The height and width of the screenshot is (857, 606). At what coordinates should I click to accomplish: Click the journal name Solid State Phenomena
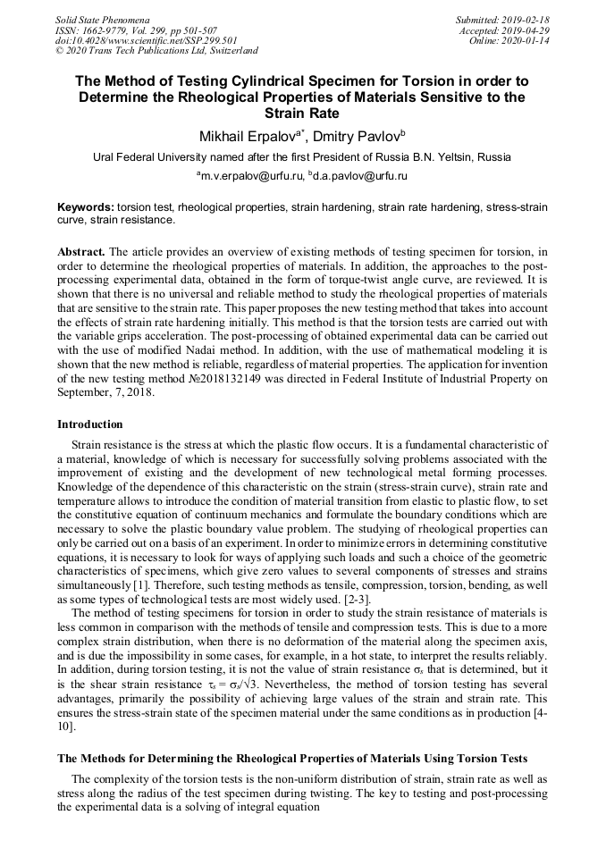[102, 20]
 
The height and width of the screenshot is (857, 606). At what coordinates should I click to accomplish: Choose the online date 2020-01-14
[527, 40]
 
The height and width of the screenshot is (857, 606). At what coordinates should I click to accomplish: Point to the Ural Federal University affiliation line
[302, 156]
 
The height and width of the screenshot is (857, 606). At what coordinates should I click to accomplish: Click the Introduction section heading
[90, 424]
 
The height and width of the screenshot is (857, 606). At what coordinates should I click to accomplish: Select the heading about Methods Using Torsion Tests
[291, 758]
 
